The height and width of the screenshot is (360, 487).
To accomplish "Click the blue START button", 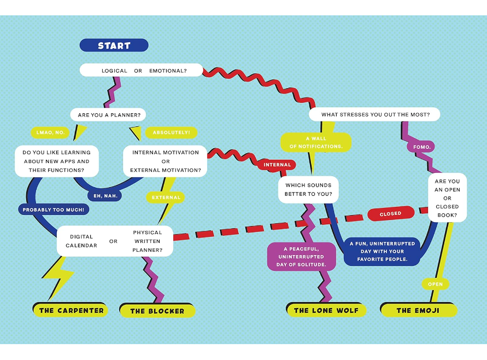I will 114,45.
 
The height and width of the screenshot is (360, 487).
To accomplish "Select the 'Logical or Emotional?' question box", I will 141,71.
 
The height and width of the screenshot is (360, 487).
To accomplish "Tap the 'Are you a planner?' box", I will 109,115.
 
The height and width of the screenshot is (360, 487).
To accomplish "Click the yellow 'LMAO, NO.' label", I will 50,132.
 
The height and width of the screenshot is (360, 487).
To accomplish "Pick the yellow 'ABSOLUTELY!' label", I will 171,132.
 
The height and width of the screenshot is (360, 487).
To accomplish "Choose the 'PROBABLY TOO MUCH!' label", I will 55,210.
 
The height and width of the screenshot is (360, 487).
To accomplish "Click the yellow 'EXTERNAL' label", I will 166,198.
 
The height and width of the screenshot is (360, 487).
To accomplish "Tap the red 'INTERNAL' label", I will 277,165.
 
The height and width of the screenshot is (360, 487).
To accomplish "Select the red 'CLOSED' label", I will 390,214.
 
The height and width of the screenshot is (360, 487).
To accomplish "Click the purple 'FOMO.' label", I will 421,147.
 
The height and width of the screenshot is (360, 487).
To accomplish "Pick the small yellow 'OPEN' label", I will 435,284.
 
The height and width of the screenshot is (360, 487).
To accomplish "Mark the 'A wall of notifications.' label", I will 316,142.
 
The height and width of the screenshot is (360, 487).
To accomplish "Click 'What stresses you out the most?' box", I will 374,114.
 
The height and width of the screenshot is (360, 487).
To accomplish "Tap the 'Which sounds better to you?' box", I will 308,189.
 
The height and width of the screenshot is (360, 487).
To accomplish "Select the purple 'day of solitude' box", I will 301,257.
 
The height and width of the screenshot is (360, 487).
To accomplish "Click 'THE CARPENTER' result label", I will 71,310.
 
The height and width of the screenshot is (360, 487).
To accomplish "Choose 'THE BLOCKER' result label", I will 157,311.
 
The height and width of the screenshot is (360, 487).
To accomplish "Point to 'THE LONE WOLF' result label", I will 326,310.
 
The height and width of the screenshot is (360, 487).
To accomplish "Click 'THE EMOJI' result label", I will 419,310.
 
